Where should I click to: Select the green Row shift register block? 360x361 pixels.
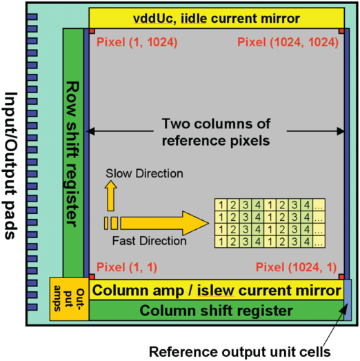click(x=72, y=152)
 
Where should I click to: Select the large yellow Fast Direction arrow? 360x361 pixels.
click(x=172, y=222)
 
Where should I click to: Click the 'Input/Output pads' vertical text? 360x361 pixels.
click(x=11, y=166)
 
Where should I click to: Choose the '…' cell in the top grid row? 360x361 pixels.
click(x=319, y=205)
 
